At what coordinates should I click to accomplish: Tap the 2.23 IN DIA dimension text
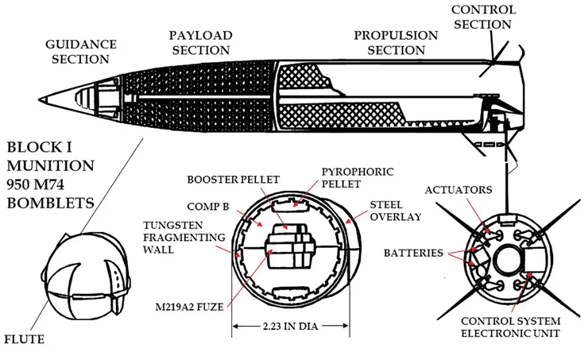click(x=290, y=326)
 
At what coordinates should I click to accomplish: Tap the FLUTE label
click(x=23, y=339)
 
